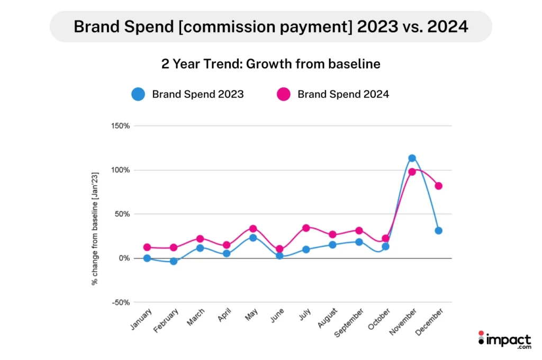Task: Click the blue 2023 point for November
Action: pyautogui.click(x=412, y=158)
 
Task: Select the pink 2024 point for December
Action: pyautogui.click(x=438, y=186)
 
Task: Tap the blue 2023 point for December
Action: pyautogui.click(x=438, y=231)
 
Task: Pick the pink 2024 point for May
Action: pyautogui.click(x=253, y=229)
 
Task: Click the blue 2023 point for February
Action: pyautogui.click(x=174, y=261)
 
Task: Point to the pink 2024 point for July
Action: pyautogui.click(x=306, y=228)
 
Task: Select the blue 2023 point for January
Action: pyautogui.click(x=147, y=258)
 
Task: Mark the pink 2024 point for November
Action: pyautogui.click(x=412, y=172)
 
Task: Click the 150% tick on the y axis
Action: pyautogui.click(x=121, y=126)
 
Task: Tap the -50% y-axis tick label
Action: pyautogui.click(x=121, y=302)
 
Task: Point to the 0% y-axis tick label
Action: pyautogui.click(x=124, y=258)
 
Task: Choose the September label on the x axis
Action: pyautogui.click(x=349, y=324)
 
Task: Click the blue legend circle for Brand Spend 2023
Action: pyautogui.click(x=138, y=95)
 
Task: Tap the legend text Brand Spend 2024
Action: pyautogui.click(x=343, y=95)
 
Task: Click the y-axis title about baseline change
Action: pyautogui.click(x=95, y=228)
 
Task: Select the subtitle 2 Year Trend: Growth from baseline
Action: pyautogui.click(x=270, y=64)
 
